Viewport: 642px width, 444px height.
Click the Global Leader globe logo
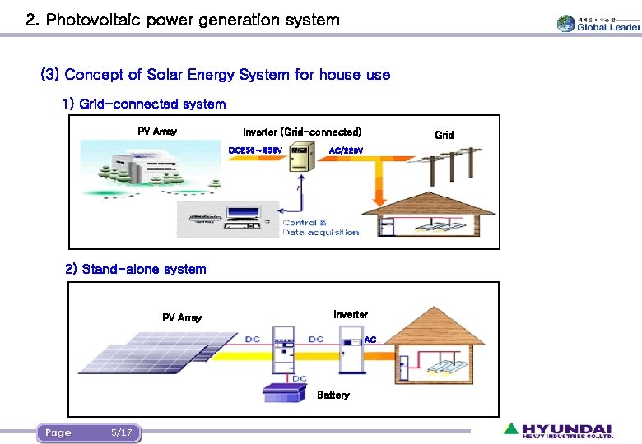pos(566,24)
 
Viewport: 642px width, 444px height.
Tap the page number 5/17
pos(121,432)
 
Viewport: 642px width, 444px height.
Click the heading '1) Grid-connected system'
pos(143,104)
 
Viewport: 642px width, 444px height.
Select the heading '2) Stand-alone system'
pos(136,270)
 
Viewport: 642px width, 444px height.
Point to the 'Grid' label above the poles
pos(444,135)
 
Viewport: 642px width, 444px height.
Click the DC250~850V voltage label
pos(255,150)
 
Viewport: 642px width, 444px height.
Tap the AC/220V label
pos(346,150)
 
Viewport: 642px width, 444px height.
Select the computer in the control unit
pos(243,217)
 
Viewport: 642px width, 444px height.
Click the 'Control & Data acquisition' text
pos(320,228)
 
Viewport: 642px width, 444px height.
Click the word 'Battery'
pos(333,395)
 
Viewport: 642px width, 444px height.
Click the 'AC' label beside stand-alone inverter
pos(370,339)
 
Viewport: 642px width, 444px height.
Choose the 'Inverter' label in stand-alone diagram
pos(351,315)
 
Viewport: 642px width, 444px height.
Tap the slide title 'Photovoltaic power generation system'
pos(182,20)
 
